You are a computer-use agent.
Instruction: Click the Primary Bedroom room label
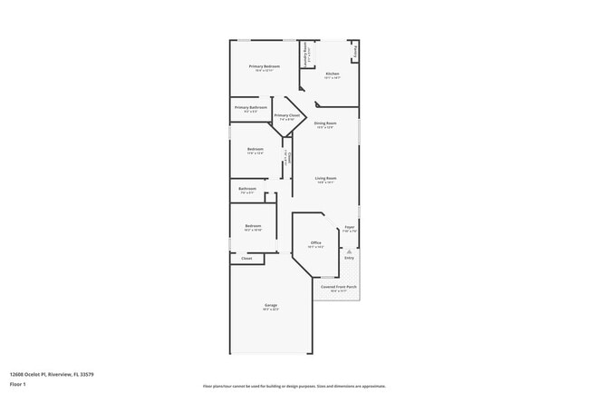click(x=266, y=66)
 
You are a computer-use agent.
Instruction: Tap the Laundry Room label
click(x=306, y=54)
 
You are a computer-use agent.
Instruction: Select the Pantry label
click(x=354, y=52)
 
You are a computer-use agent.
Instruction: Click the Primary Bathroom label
click(x=251, y=108)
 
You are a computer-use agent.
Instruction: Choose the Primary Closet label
click(x=286, y=115)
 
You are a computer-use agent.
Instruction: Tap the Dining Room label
click(x=325, y=123)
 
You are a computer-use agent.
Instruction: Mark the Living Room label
click(x=325, y=178)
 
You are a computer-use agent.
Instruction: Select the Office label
click(x=315, y=242)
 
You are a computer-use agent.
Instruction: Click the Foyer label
click(x=350, y=227)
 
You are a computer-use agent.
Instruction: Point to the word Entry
click(x=349, y=258)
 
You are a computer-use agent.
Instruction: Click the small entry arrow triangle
click(x=349, y=250)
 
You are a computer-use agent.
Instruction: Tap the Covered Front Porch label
click(x=338, y=287)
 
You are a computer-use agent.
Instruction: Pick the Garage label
click(x=271, y=305)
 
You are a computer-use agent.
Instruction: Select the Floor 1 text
click(x=18, y=384)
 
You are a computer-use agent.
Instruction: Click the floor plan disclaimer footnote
click(x=294, y=385)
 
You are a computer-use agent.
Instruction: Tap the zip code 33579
click(x=88, y=373)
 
